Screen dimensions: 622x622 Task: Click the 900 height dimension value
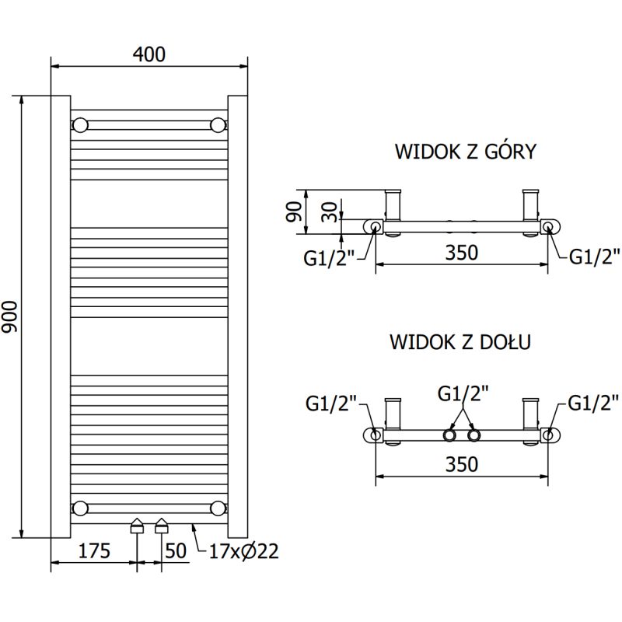click(10, 317)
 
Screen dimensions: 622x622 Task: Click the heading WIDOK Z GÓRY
click(465, 151)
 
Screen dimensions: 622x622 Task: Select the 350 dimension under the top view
click(461, 253)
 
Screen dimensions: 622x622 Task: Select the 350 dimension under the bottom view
click(461, 463)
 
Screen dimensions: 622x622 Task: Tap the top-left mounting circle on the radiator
click(80, 124)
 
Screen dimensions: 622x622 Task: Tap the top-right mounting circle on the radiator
click(218, 124)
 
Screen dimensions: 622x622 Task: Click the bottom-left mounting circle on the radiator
click(80, 508)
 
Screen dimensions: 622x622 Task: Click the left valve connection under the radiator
click(137, 526)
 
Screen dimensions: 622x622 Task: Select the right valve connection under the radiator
click(162, 526)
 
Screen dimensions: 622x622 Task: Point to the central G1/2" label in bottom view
click(463, 394)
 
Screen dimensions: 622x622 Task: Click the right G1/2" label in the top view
click(595, 257)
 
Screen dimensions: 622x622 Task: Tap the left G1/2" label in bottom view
click(330, 403)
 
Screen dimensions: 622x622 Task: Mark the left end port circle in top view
click(376, 226)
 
